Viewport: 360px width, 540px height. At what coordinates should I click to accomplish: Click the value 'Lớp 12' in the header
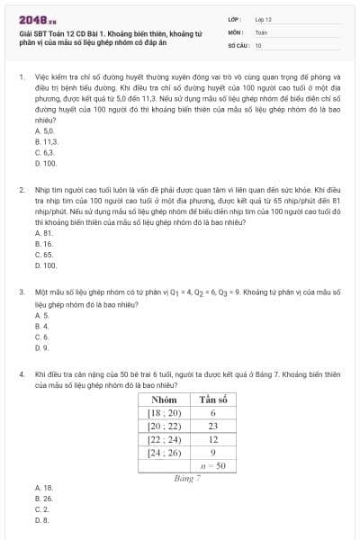coord(264,18)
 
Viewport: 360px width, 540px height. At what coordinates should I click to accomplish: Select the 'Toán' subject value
coord(261,31)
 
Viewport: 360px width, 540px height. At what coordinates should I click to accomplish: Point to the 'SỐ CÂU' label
coord(238,44)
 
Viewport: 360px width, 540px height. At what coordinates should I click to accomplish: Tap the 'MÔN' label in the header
coord(235,31)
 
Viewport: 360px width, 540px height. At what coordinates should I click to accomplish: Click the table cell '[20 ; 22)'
coord(165,426)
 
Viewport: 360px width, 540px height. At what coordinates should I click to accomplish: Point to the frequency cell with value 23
coord(213,426)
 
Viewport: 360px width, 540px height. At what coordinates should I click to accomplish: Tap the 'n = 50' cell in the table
coord(213,466)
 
